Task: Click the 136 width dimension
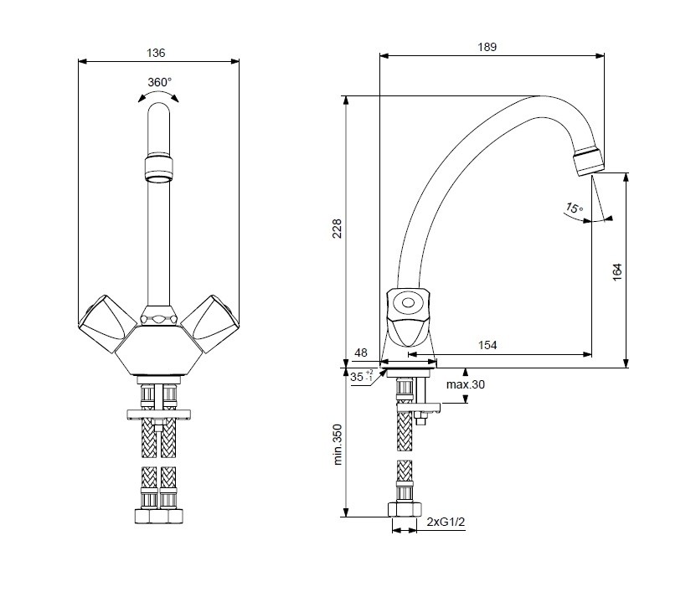click(156, 53)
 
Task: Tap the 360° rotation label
click(159, 82)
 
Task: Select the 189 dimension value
click(487, 48)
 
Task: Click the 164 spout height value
click(617, 271)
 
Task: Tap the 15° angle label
click(573, 208)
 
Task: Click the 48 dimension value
click(361, 353)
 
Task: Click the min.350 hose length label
click(338, 445)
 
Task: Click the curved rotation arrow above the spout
click(158, 96)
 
